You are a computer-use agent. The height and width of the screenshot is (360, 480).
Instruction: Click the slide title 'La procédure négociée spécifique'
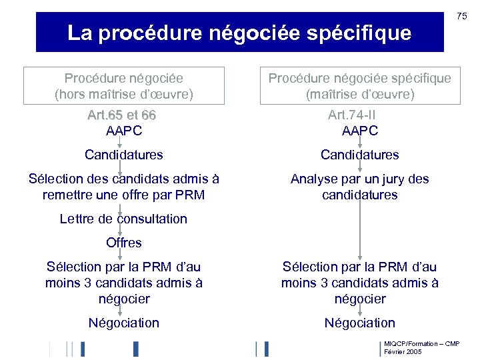tap(239, 33)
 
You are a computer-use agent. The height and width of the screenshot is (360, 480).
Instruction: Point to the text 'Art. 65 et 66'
tap(121, 115)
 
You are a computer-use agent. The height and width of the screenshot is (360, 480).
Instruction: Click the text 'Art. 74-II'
tap(360, 115)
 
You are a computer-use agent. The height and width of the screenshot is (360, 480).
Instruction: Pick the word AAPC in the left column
tap(124, 131)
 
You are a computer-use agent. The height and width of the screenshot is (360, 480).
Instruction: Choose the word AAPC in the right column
tap(360, 131)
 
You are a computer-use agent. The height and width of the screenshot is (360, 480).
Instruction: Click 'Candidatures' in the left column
tap(124, 155)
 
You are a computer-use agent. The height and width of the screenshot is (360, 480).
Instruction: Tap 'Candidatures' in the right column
tap(360, 155)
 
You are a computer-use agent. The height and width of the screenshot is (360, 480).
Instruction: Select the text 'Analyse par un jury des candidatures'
tap(360, 187)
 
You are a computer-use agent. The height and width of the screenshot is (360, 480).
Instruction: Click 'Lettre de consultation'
tap(123, 219)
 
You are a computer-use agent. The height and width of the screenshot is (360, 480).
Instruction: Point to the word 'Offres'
tap(124, 243)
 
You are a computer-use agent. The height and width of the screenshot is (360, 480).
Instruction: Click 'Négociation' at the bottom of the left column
tap(124, 323)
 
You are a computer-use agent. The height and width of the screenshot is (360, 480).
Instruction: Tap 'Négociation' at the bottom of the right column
tap(360, 323)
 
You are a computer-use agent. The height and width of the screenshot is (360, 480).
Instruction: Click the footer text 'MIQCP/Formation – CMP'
tap(421, 343)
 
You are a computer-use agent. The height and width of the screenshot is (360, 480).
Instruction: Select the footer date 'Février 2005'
tap(403, 351)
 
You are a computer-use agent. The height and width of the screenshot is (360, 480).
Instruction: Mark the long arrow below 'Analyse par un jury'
tap(360, 230)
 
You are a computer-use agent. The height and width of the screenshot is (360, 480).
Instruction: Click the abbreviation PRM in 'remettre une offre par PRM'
tap(189, 195)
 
